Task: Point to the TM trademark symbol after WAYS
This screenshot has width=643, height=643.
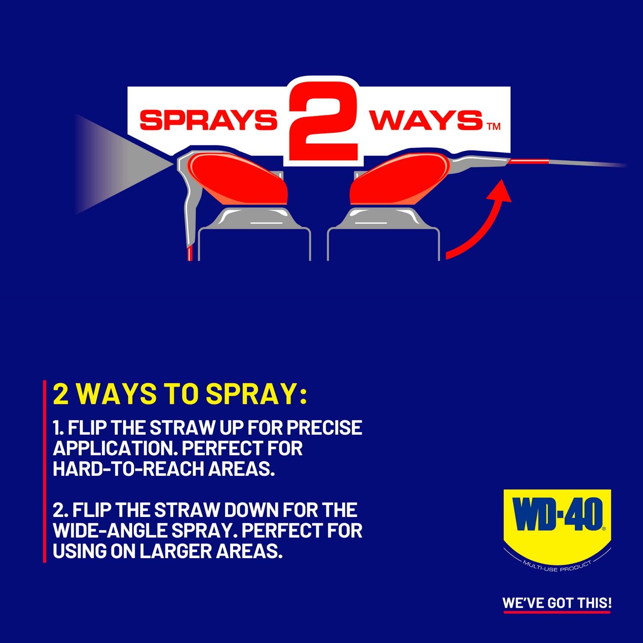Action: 493,126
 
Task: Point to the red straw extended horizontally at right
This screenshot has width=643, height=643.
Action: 530,161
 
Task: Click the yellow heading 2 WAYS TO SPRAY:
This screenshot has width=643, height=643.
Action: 180,395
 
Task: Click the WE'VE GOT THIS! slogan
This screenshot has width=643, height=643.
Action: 557,603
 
